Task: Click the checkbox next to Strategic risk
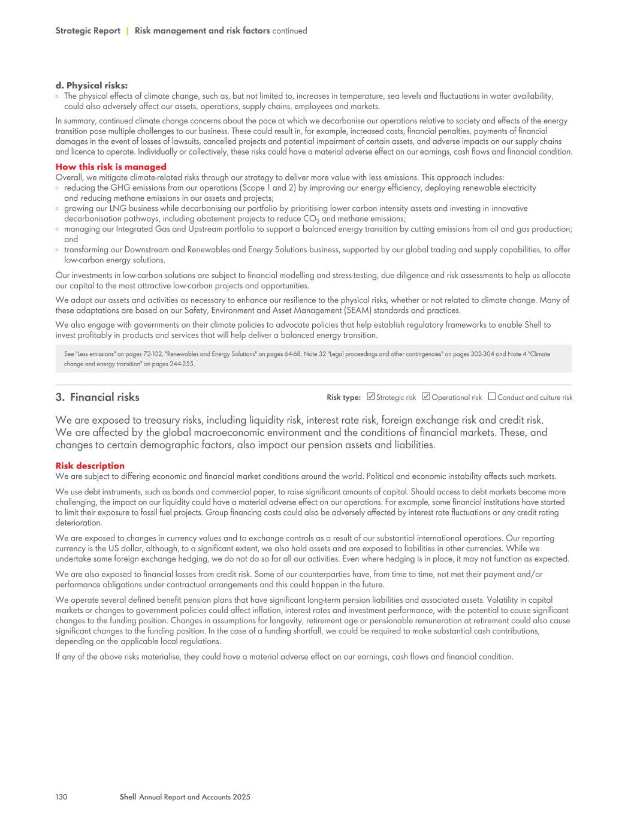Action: [x=371, y=396]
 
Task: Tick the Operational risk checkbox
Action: [x=426, y=396]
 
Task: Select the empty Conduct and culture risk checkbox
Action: [x=492, y=396]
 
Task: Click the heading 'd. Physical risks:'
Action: [x=91, y=86]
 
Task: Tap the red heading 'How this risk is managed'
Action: [x=111, y=167]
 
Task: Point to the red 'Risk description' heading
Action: [x=90, y=466]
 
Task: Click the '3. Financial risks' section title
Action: [x=97, y=397]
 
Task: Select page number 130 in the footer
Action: [x=61, y=797]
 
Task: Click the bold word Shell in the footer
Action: [x=128, y=797]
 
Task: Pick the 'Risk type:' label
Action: [x=343, y=397]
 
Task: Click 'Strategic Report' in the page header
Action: [x=87, y=31]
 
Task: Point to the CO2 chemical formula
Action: [x=310, y=219]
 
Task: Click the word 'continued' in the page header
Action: [x=289, y=31]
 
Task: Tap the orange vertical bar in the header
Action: [x=128, y=31]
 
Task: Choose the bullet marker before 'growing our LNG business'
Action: [x=58, y=209]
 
